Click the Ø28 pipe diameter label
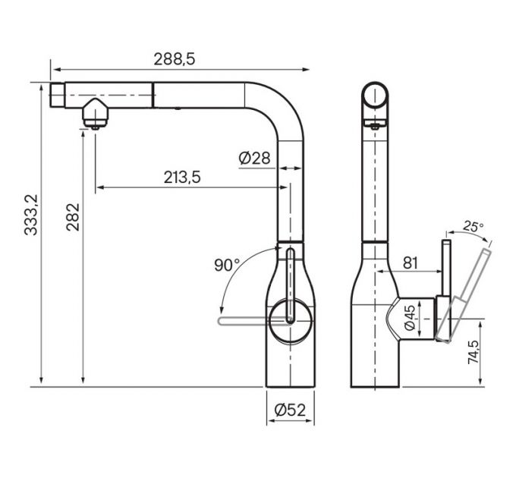(x=253, y=158)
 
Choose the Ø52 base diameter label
(x=288, y=410)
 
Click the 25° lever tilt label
(x=474, y=226)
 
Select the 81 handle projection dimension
(x=410, y=263)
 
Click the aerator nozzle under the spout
(x=95, y=115)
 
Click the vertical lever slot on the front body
(x=289, y=285)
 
